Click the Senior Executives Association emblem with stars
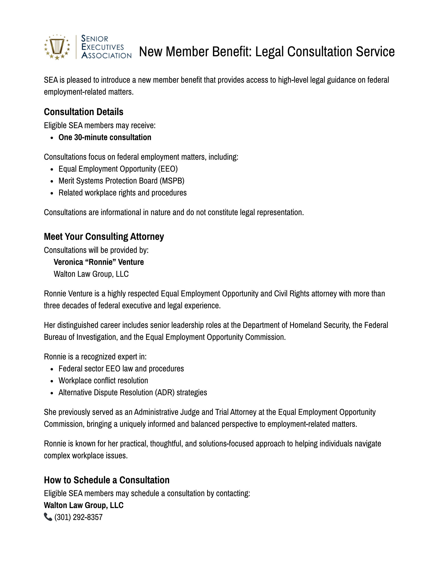(57, 47)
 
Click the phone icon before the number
(48, 517)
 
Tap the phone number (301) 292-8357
(78, 517)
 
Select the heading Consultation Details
(84, 112)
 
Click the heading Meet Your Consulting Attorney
(104, 236)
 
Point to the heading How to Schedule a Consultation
(107, 480)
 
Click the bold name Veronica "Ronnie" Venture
(99, 262)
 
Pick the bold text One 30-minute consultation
(105, 138)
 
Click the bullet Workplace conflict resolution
(103, 381)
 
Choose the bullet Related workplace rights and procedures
(122, 193)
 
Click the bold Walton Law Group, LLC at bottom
(84, 505)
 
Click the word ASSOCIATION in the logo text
(107, 55)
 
